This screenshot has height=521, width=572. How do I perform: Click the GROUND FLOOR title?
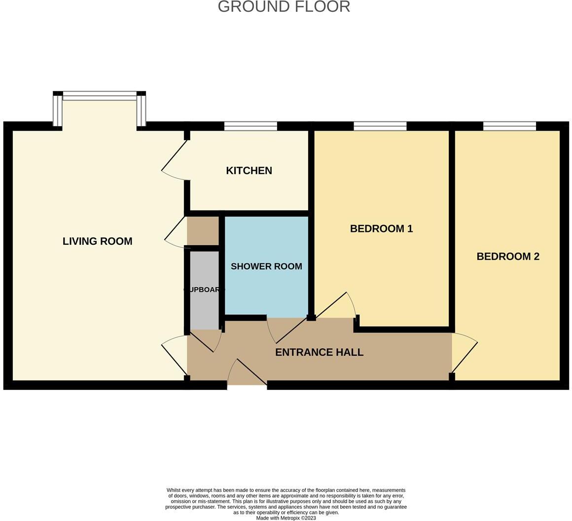point(284,7)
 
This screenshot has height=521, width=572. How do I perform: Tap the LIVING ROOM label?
point(97,241)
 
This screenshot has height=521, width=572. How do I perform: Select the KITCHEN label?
point(249,171)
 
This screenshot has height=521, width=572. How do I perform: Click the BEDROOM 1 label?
point(381,228)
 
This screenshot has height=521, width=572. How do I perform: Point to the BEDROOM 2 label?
point(507,257)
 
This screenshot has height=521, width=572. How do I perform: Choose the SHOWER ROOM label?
point(266,266)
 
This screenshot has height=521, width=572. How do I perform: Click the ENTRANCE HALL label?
point(319,352)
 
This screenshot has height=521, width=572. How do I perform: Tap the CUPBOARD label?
point(204,290)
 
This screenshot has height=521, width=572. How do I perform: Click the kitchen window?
point(250,126)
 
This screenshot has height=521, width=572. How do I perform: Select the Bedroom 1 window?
point(380,126)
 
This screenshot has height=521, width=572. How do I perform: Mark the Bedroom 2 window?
point(509,126)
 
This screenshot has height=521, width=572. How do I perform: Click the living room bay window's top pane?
point(100,95)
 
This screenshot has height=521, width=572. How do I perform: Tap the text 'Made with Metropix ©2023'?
point(286,518)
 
